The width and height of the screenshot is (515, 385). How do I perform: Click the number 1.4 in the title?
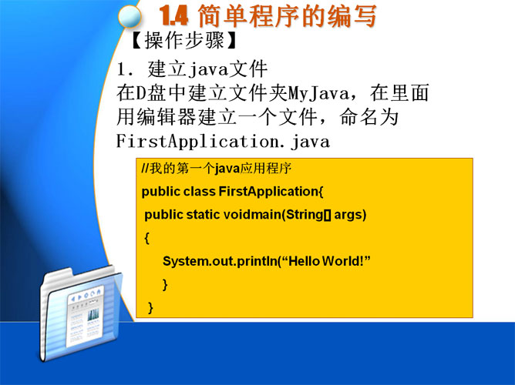(x=174, y=15)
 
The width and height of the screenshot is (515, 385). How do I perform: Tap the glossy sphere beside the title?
(x=130, y=17)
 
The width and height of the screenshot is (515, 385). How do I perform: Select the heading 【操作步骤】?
(x=183, y=41)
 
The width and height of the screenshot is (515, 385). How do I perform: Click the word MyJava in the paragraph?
(x=319, y=93)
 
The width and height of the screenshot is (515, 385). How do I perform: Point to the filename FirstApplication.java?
(x=223, y=142)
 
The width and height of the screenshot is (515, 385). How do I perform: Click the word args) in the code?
(x=350, y=215)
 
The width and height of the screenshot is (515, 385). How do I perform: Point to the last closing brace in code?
(x=150, y=307)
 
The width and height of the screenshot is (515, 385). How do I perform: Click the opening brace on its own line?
(x=146, y=238)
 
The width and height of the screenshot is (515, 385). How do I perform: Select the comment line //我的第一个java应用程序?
(x=217, y=168)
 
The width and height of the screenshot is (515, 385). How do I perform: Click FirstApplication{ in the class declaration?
(x=271, y=192)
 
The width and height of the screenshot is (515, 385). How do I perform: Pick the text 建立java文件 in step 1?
(x=207, y=69)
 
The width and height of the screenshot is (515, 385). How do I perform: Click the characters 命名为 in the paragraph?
(x=369, y=117)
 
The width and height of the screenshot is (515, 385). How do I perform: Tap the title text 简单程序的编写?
(x=287, y=15)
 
